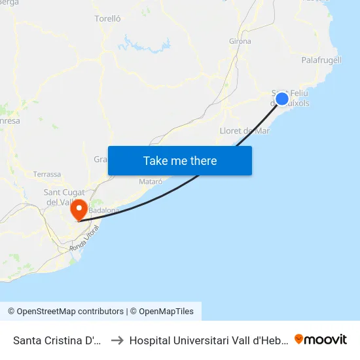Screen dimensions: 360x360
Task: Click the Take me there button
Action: [180, 160]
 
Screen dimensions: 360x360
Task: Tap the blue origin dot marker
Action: [281, 99]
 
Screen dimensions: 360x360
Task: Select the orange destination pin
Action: [79, 209]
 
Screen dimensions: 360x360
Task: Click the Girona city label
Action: [240, 41]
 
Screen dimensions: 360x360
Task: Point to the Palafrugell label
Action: [321, 60]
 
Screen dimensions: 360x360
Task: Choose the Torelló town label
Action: [108, 19]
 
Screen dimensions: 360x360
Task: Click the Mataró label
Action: [151, 181]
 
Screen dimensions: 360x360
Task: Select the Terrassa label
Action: [47, 175]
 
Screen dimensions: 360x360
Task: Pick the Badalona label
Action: [105, 210]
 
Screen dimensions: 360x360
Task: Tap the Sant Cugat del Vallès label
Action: [60, 196]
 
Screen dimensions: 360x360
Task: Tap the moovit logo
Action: [321, 339]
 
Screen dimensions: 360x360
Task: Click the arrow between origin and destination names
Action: [117, 340]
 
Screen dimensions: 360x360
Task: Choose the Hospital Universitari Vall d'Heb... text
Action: [208, 340]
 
